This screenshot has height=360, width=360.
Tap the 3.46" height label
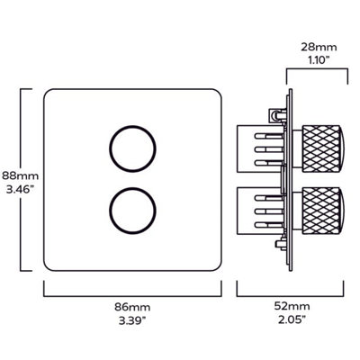click(15, 192)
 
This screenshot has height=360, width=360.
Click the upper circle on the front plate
click(124, 143)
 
